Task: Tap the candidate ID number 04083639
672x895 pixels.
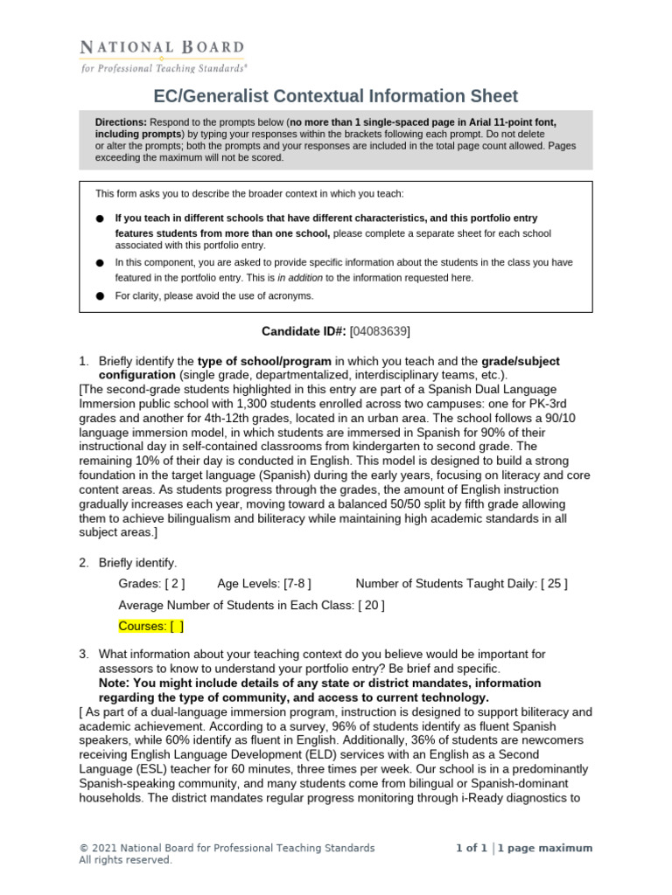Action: (x=380, y=331)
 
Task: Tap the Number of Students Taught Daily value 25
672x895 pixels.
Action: (x=553, y=583)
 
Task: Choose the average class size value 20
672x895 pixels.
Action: (x=371, y=605)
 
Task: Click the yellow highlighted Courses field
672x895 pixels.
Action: (x=151, y=627)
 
